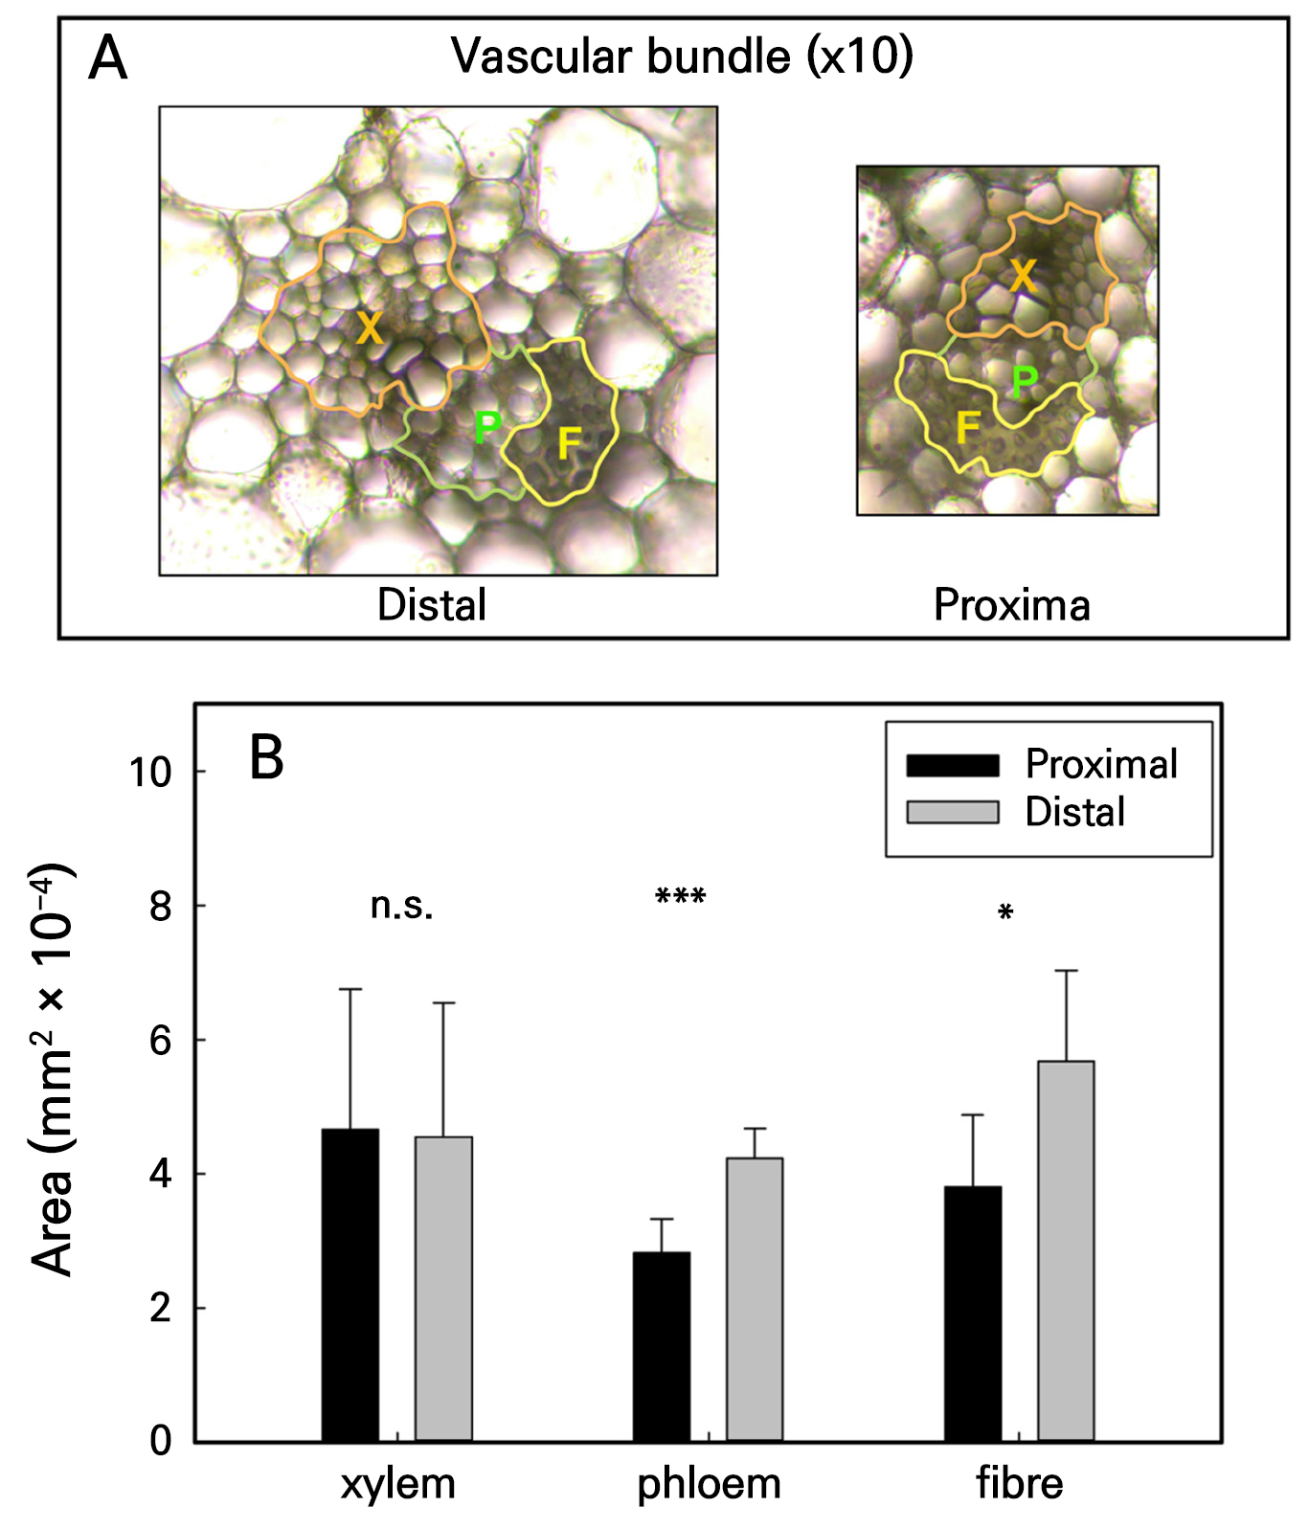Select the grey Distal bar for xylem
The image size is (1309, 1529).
443,1289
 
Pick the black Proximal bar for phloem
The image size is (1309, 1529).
661,1346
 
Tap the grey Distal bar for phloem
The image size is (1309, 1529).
755,1299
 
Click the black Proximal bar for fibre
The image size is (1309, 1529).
972,1314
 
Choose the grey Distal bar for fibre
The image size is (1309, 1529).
1066,1250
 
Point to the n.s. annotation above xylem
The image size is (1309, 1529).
401,905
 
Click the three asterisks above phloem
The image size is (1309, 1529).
680,898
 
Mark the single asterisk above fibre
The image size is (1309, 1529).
1004,913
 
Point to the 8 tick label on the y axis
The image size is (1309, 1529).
161,906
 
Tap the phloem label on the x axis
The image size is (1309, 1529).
709,1483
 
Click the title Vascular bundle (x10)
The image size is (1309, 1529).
682,56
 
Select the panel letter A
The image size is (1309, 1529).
107,59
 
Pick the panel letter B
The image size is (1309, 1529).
266,758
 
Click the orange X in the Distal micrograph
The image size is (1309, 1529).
370,329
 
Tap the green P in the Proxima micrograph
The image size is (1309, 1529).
1024,381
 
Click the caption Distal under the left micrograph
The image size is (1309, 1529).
432,605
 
